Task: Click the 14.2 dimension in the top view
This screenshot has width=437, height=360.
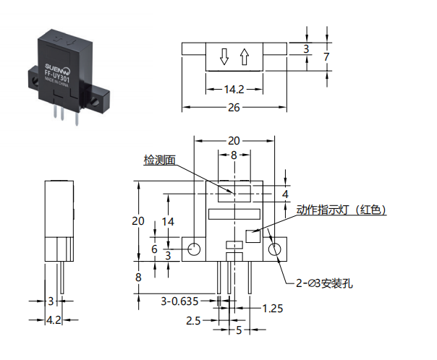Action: (x=234, y=90)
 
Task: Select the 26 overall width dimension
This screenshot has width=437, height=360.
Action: (x=234, y=108)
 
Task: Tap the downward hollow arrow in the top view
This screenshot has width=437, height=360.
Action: (x=224, y=57)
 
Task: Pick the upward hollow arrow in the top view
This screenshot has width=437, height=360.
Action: (x=245, y=57)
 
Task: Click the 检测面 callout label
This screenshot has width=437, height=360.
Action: (x=160, y=160)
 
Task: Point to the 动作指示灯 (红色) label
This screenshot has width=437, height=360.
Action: (x=341, y=210)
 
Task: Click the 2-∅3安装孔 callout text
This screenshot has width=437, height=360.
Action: (x=324, y=283)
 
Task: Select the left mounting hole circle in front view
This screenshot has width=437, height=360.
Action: (x=194, y=249)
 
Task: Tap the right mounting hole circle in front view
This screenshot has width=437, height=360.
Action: (x=275, y=249)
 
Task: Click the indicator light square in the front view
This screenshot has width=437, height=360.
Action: (x=253, y=236)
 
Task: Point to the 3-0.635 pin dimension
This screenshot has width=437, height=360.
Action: (x=179, y=301)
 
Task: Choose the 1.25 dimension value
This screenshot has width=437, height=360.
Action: (x=273, y=309)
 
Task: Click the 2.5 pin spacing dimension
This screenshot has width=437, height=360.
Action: (x=193, y=321)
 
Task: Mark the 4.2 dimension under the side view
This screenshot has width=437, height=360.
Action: (x=54, y=320)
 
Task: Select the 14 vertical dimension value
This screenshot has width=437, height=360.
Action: (x=168, y=222)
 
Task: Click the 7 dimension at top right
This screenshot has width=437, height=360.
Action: (x=326, y=57)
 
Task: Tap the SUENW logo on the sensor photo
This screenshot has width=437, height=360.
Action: (x=57, y=68)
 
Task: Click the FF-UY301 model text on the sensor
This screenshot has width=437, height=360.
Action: (x=57, y=76)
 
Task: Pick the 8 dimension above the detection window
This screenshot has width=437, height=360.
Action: (x=234, y=155)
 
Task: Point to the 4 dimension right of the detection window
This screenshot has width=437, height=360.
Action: (x=285, y=194)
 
